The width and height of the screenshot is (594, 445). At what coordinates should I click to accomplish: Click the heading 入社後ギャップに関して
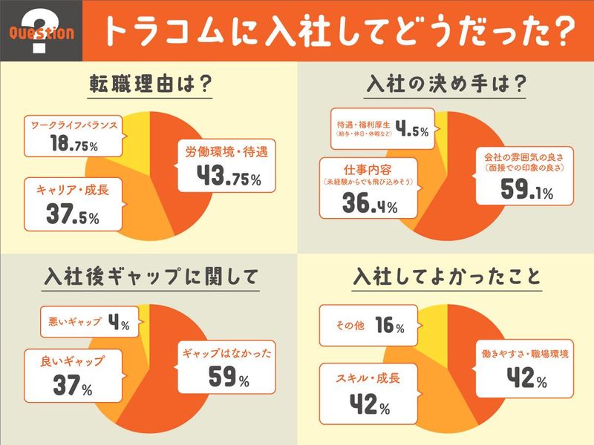(x=148, y=278)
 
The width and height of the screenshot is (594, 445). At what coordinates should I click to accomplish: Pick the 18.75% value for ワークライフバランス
(x=73, y=143)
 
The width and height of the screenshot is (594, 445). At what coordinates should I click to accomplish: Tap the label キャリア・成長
(x=71, y=190)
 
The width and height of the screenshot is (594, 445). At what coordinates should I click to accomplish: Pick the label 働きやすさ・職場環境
(x=522, y=355)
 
